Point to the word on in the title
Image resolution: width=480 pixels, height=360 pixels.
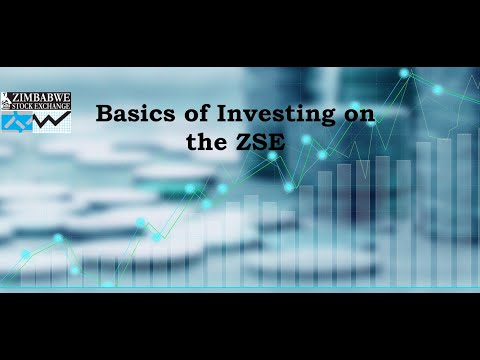(x=358, y=115)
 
